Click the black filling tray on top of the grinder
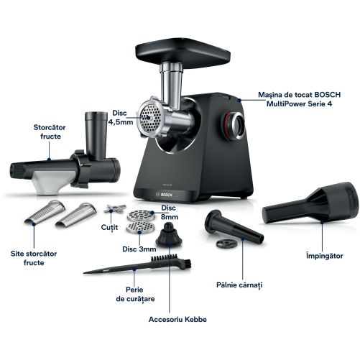pos(183,52)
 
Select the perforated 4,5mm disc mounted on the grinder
pos(149,117)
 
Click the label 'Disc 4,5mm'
pos(120,117)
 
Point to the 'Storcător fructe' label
pos(50,131)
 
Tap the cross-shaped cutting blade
pos(114,209)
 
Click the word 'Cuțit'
pos(109,227)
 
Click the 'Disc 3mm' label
pos(139,249)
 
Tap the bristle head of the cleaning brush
pos(171,260)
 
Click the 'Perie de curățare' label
pos(135,295)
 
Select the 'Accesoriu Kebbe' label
pos(177,319)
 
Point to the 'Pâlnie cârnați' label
pos(239,285)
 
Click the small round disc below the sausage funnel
pos(226,244)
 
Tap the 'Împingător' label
pos(324,255)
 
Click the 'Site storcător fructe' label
pos(34,258)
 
